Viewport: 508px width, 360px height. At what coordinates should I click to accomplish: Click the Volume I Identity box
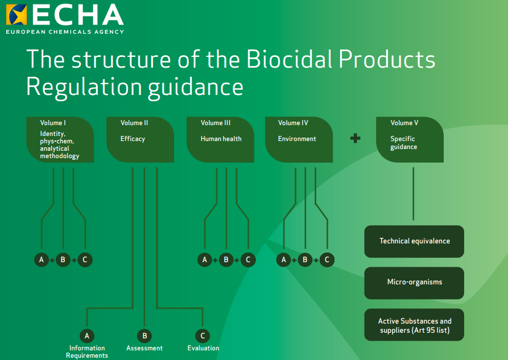tap(60, 140)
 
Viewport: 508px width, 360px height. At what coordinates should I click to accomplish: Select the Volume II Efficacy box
tap(140, 140)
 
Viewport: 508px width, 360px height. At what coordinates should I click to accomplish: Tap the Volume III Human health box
tap(220, 140)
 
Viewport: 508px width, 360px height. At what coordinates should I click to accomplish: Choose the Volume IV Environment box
tap(299, 140)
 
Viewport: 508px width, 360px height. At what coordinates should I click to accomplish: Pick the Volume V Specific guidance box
tap(410, 140)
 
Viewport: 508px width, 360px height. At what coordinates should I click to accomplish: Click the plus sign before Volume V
tap(356, 138)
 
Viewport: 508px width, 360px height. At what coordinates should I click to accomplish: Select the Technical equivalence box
tap(414, 241)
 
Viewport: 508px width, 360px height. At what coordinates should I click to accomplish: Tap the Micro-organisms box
tap(414, 282)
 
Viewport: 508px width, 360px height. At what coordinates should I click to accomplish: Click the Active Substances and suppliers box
tap(414, 325)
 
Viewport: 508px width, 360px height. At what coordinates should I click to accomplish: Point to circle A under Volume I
tap(41, 260)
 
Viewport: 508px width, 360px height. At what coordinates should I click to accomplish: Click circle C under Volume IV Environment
tap(327, 260)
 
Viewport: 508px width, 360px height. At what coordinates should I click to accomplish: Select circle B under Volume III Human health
tap(226, 260)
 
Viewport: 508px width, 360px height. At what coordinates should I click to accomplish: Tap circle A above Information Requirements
tap(87, 336)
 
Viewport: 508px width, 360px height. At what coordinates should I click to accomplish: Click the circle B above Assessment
tap(144, 336)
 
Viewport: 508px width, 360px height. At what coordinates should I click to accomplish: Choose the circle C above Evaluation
tap(203, 336)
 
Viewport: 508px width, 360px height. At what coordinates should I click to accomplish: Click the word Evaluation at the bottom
tap(203, 348)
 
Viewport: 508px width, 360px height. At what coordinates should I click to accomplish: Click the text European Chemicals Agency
tap(65, 32)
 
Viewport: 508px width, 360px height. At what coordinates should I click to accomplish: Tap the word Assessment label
tap(144, 348)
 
